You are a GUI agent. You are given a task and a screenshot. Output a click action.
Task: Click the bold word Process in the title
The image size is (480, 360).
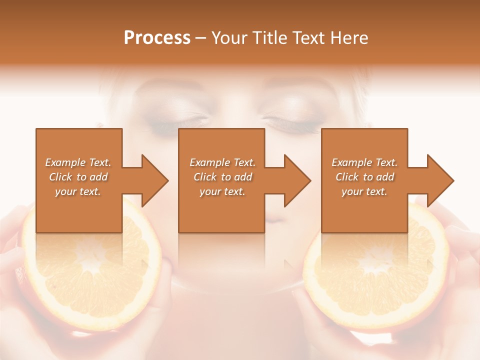click(157, 38)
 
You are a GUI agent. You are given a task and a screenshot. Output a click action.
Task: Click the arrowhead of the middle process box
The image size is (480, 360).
click(297, 180)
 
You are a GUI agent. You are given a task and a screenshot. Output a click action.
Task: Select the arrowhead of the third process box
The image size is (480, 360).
click(440, 180)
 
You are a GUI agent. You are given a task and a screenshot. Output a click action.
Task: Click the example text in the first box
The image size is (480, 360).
click(78, 177)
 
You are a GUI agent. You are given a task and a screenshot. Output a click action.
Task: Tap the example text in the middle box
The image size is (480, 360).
click(222, 177)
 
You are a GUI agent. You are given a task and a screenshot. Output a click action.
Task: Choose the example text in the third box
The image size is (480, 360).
click(364, 177)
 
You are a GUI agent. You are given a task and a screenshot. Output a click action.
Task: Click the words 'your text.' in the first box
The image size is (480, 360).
click(78, 191)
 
